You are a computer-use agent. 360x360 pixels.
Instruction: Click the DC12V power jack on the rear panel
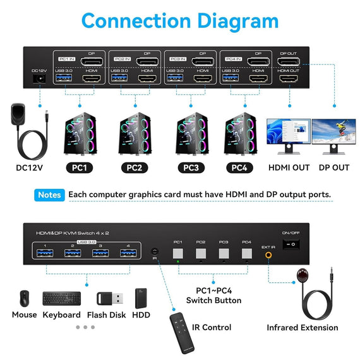tap(39, 80)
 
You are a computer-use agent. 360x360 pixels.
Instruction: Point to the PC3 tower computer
tap(190, 133)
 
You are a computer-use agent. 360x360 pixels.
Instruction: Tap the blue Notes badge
tap(49, 195)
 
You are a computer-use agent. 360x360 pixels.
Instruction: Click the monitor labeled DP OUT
tap(333, 136)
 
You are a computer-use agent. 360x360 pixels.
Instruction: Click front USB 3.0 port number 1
tap(44, 253)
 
